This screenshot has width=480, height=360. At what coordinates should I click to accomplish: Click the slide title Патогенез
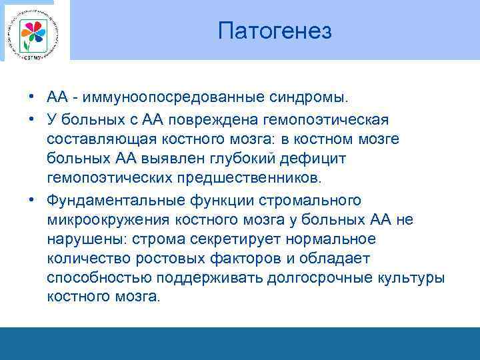tap(275, 31)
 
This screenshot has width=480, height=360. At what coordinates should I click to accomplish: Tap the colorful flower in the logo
tap(33, 33)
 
